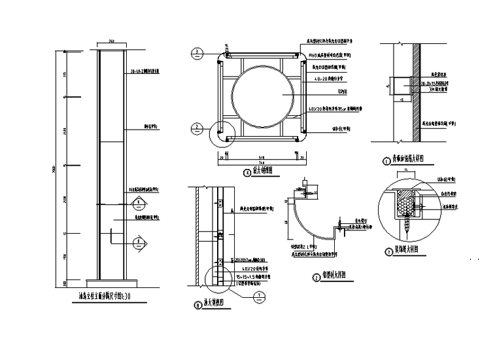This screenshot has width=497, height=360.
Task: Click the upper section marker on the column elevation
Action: point(138,202)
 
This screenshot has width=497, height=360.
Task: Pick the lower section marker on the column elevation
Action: point(138,243)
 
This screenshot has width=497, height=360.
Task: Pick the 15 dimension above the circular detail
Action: point(406,170)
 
